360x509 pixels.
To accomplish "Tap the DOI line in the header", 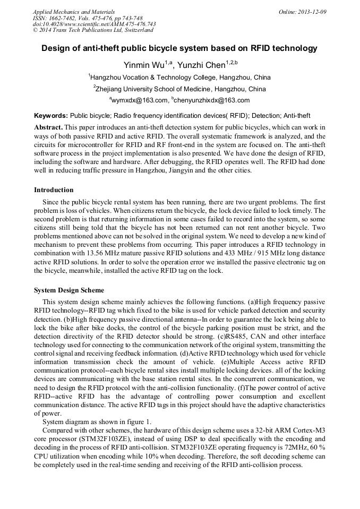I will pos(94,24).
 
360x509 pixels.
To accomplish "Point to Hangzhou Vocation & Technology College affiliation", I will pos(180,77).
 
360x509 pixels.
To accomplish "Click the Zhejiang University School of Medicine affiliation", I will pos(180,89).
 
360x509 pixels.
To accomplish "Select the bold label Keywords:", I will pos(51,115).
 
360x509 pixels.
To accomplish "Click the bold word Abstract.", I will pos(48,128).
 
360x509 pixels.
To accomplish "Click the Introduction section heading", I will pos(54,190).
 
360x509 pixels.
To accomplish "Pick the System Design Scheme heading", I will pos(69,290).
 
